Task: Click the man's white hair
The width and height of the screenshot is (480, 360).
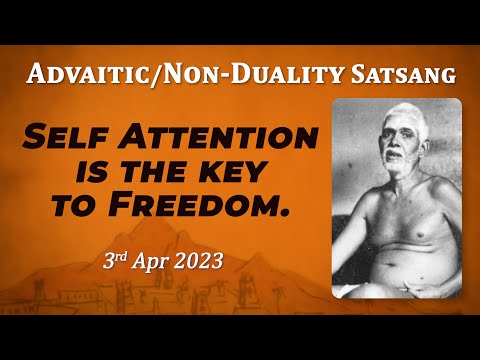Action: coord(388,115)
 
